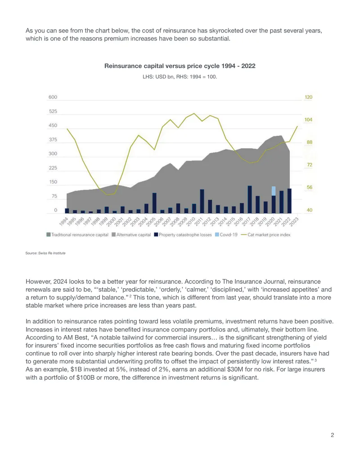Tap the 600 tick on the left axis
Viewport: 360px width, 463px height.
click(53, 97)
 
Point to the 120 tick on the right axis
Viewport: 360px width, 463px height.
click(308, 97)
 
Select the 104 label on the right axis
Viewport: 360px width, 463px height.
click(308, 120)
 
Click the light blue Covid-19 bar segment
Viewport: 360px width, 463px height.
click(274, 191)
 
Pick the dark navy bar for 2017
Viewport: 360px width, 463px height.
click(250, 200)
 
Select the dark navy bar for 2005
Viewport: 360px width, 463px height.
click(154, 203)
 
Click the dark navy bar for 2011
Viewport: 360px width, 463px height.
click(202, 201)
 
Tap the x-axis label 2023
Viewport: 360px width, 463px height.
click(294, 222)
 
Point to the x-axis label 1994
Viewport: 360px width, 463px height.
click(63, 222)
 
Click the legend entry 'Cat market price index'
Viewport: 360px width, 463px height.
click(265, 235)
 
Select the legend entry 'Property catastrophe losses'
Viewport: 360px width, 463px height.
click(183, 235)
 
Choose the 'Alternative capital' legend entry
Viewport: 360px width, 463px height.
click(131, 235)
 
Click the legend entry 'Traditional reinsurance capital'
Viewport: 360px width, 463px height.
click(77, 235)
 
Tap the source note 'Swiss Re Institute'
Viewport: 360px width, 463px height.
click(52, 253)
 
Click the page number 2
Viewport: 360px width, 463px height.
click(332, 435)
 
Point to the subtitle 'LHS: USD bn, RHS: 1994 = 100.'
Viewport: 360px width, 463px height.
click(180, 77)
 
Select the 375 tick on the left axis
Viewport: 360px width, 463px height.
click(53, 140)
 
